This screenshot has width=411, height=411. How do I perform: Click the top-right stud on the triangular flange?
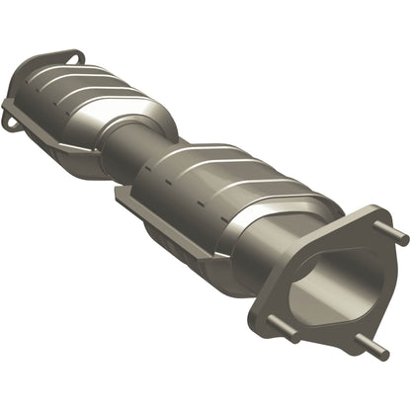[397, 237]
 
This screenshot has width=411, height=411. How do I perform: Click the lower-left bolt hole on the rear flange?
[12, 119]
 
